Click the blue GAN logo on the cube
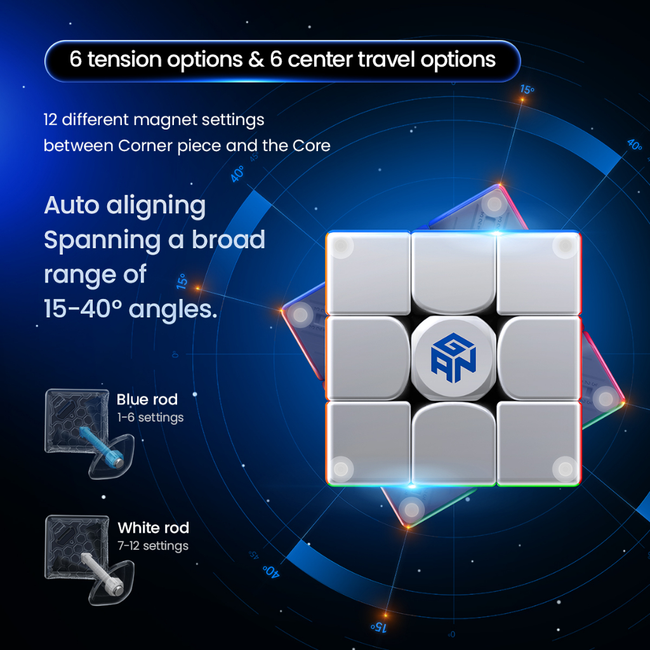coord(453,357)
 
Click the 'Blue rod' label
coord(147,399)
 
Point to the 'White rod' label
coord(154,527)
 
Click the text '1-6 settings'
coord(150,418)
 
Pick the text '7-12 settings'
coord(153,546)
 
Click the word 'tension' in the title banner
coord(124,59)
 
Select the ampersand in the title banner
coord(256,59)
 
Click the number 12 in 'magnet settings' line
coord(50,120)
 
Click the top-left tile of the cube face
coord(368,274)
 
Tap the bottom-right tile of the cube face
coord(538,442)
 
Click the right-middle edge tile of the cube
coord(538,358)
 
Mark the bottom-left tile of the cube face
coord(368,442)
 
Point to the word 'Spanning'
coord(102,241)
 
